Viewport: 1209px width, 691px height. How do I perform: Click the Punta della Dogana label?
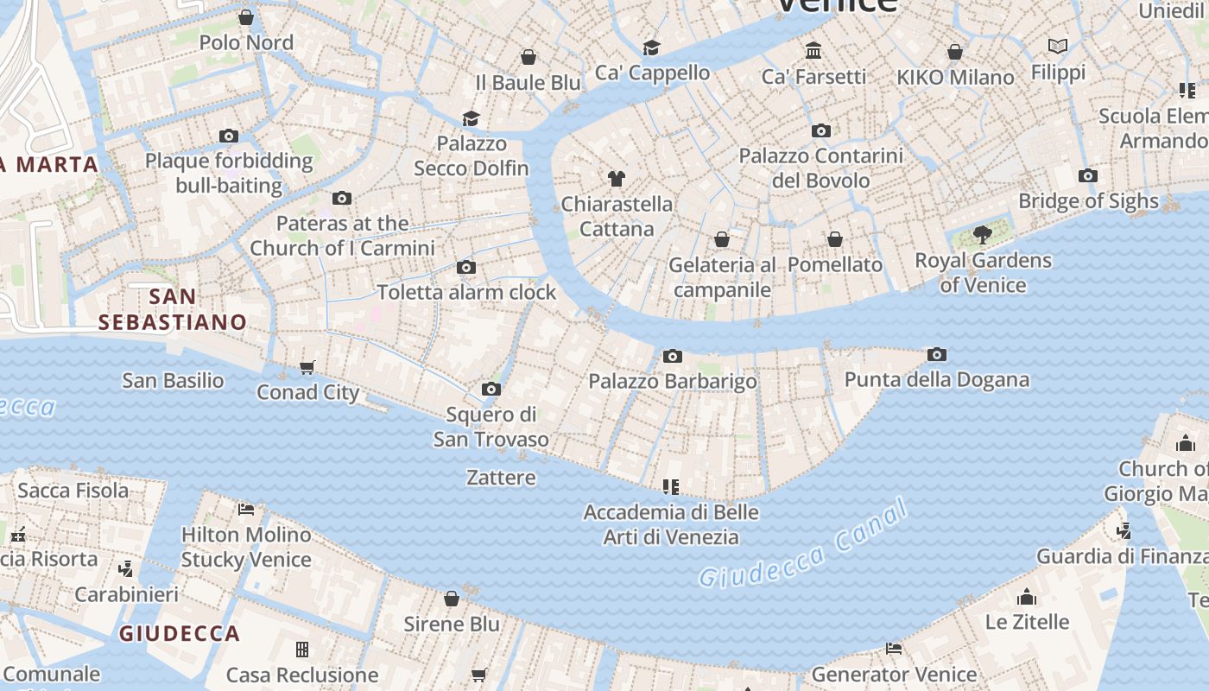pyautogui.click(x=936, y=380)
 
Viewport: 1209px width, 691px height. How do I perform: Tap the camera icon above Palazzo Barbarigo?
pyautogui.click(x=673, y=356)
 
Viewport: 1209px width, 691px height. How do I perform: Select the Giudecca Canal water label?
pyautogui.click(x=803, y=544)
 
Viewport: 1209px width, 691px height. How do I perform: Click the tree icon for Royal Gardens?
pyautogui.click(x=982, y=234)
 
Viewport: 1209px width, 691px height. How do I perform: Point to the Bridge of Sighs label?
pyautogui.click(x=1088, y=201)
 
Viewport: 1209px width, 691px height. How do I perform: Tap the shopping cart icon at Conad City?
pyautogui.click(x=307, y=368)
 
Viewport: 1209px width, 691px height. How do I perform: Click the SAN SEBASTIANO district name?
pyautogui.click(x=173, y=309)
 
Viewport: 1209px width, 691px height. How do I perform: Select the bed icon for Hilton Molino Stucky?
pyautogui.click(x=246, y=509)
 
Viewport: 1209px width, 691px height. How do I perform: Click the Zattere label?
pyautogui.click(x=501, y=478)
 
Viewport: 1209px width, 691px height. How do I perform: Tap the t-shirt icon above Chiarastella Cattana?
pyautogui.click(x=616, y=179)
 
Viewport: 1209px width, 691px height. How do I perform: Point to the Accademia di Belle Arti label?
pyautogui.click(x=671, y=524)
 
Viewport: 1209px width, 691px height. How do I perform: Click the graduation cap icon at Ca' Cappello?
pyautogui.click(x=651, y=48)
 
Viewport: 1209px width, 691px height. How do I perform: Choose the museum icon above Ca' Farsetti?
pyautogui.click(x=813, y=51)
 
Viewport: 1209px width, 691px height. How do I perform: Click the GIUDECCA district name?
pyautogui.click(x=180, y=634)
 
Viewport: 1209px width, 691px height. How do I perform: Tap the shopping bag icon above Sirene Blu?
pyautogui.click(x=452, y=599)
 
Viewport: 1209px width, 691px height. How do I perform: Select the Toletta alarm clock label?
pyautogui.click(x=466, y=293)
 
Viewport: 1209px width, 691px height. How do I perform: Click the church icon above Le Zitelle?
pyautogui.click(x=1027, y=597)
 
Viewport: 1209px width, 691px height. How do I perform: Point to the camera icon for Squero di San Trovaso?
pyautogui.click(x=491, y=390)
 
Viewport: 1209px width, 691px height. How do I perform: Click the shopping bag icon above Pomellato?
pyautogui.click(x=835, y=239)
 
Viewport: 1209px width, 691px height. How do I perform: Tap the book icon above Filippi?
pyautogui.click(x=1058, y=47)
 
